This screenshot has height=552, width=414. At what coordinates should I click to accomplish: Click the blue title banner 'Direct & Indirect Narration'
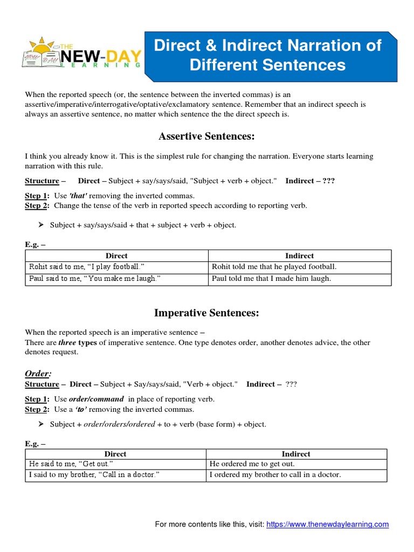268,55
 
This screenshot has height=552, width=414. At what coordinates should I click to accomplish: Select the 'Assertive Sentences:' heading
206,137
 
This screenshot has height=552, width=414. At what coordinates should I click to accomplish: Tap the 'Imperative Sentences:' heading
206,313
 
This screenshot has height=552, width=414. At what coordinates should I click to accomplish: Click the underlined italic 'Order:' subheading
38,374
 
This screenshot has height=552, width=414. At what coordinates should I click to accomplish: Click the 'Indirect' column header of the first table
299,256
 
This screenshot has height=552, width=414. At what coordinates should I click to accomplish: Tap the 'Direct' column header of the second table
115,454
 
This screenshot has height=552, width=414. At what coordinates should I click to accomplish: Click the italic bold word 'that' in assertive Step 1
79,196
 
